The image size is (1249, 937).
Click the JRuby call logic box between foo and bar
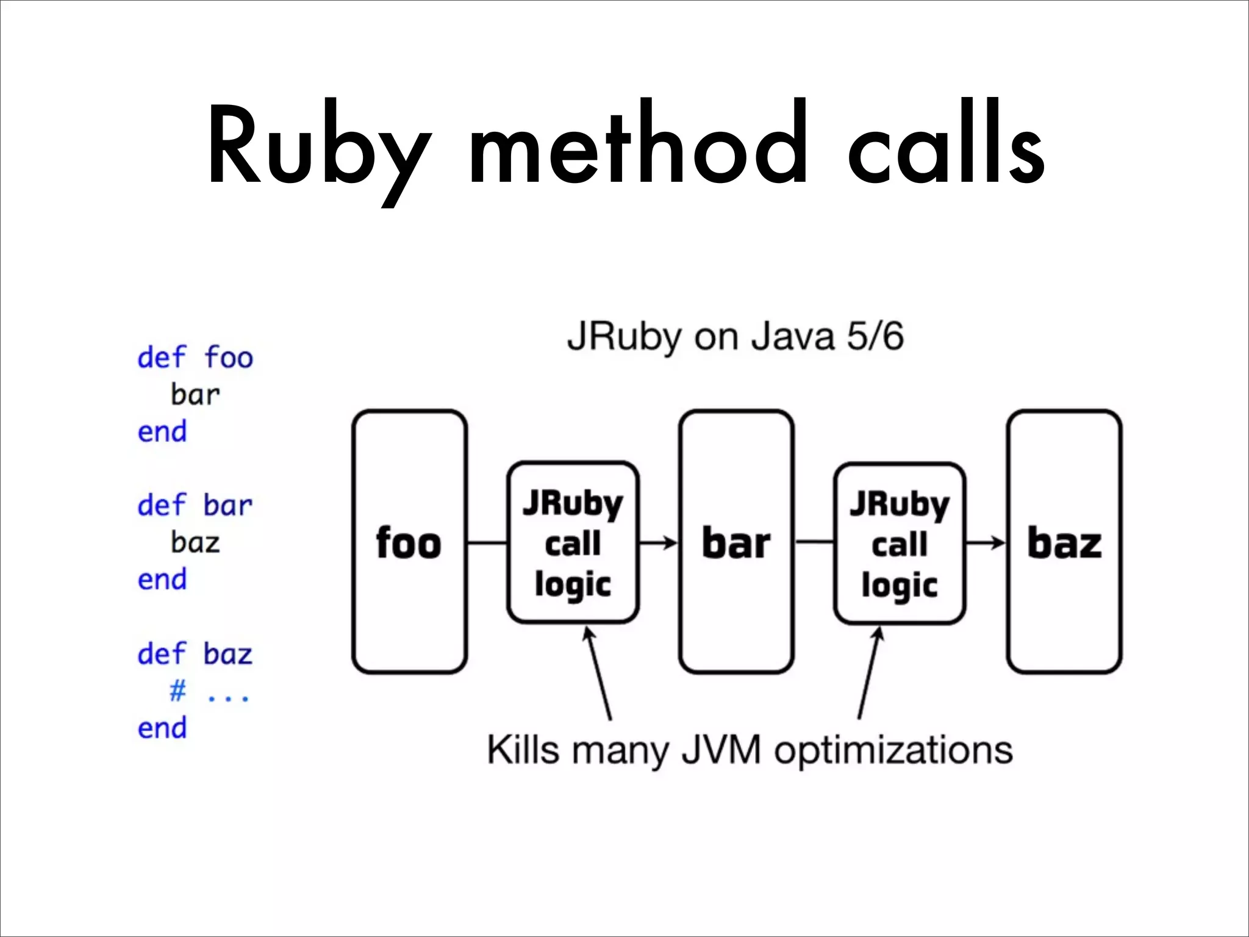click(573, 542)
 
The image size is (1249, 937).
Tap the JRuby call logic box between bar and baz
click(900, 542)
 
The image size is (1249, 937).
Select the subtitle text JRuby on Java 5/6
click(735, 337)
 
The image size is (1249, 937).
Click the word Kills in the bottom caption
click(522, 749)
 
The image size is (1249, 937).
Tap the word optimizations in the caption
click(893, 750)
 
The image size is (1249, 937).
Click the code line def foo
click(195, 357)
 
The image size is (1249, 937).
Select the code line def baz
click(195, 654)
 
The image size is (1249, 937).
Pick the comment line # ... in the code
click(209, 692)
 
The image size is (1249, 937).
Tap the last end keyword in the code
click(162, 728)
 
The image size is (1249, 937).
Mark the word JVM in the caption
click(721, 749)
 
